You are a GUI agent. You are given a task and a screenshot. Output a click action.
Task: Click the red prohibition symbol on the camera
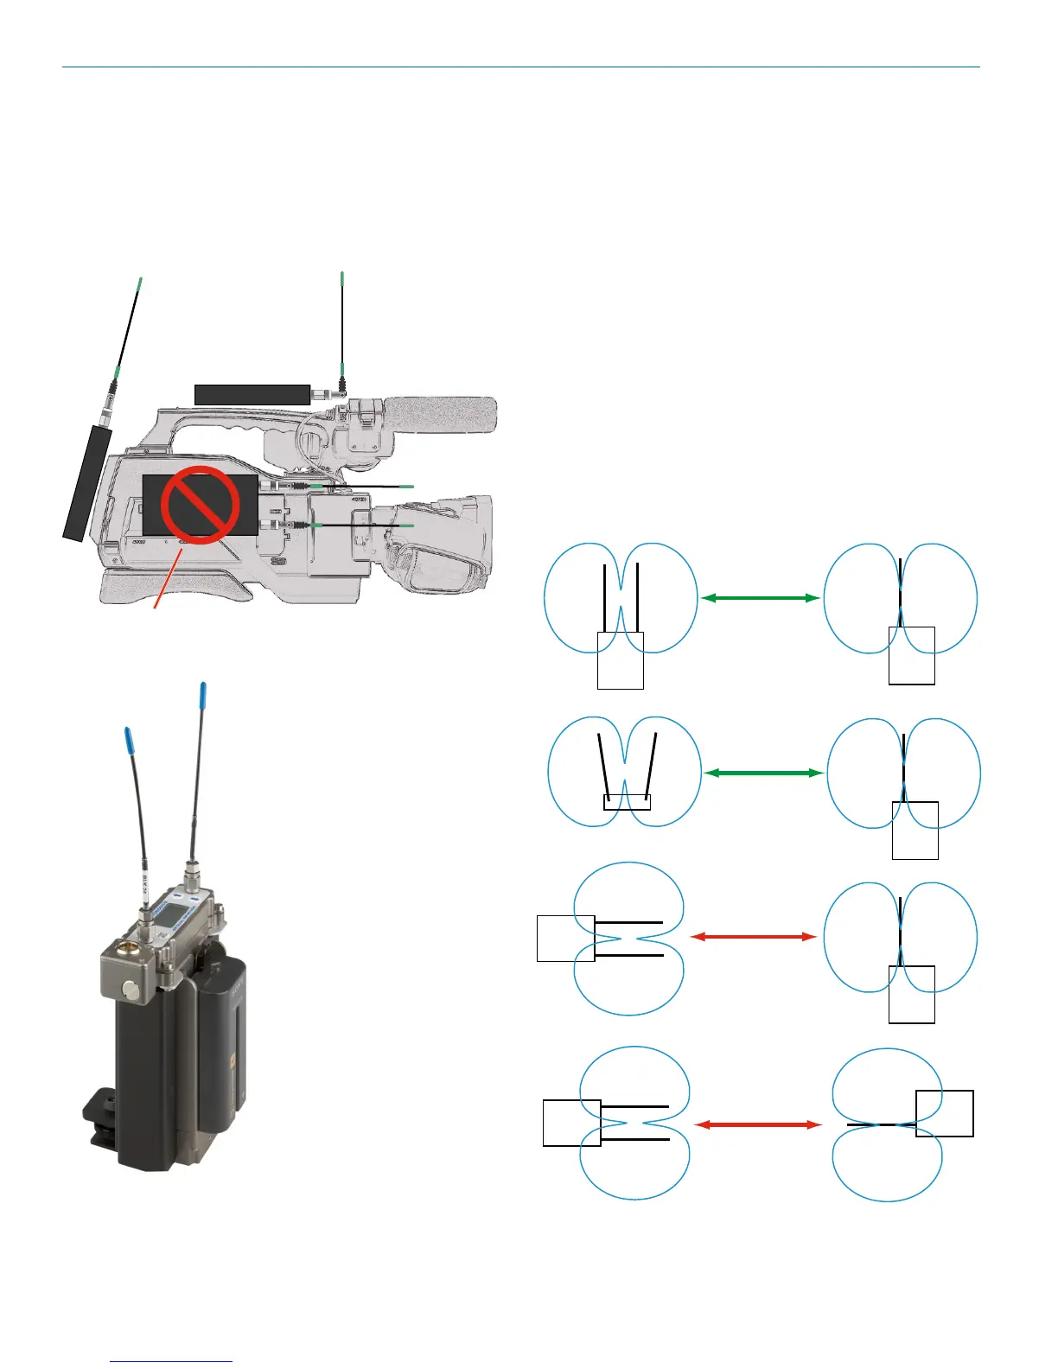[x=200, y=505]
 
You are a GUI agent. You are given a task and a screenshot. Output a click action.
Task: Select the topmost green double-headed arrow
[x=760, y=597]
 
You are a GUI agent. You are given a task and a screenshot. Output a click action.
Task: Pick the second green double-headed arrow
[x=763, y=773]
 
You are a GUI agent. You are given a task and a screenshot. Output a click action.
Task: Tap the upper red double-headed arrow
[x=754, y=936]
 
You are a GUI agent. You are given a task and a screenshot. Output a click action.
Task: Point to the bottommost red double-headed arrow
[x=758, y=1124]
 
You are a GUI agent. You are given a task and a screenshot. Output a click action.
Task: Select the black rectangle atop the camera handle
[x=252, y=395]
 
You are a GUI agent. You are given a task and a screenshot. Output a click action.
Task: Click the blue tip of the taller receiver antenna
[x=202, y=694]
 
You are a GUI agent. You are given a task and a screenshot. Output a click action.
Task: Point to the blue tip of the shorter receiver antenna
[x=130, y=740]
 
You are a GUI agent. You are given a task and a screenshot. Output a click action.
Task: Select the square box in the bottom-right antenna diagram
[x=945, y=1113]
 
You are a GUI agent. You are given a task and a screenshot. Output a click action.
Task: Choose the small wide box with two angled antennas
[x=626, y=801]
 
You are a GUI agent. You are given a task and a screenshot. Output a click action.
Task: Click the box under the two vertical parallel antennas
[x=621, y=660]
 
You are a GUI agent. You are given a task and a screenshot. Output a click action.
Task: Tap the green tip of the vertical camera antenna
[x=342, y=278]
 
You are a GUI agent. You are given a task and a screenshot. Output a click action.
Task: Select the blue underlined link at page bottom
[x=172, y=1361]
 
